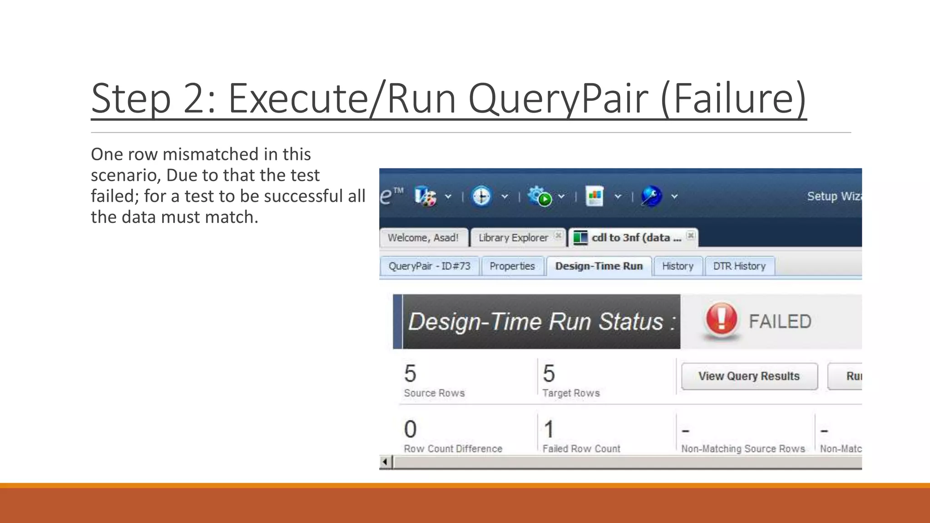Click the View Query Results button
click(x=749, y=376)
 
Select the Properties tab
click(x=512, y=266)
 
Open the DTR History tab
click(x=739, y=266)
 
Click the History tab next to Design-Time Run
click(x=678, y=266)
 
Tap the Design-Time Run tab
click(x=599, y=266)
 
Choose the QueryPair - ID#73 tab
click(x=430, y=266)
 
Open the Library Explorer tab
click(x=513, y=237)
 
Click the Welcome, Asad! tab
click(x=423, y=237)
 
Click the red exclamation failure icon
click(x=721, y=319)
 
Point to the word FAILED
click(x=780, y=321)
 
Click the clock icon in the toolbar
click(x=481, y=197)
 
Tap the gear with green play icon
click(x=539, y=197)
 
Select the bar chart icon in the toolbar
click(x=594, y=197)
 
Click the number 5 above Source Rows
click(x=410, y=374)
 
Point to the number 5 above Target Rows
click(x=549, y=374)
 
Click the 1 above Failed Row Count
click(x=549, y=429)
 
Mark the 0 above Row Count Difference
click(x=410, y=429)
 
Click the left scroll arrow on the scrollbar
click(x=385, y=462)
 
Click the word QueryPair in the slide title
click(x=558, y=98)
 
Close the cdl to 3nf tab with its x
click(x=691, y=235)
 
